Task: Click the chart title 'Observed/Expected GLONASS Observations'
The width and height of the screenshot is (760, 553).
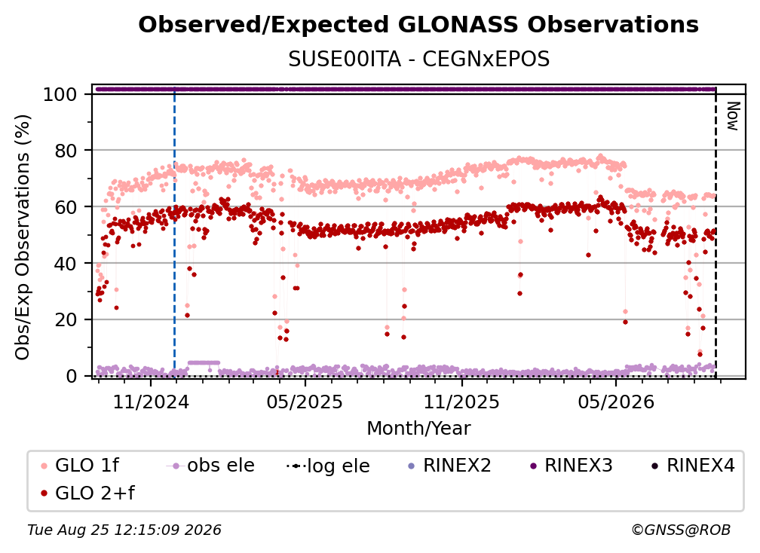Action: coord(418,25)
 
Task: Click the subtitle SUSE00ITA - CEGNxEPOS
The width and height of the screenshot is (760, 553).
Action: coord(418,60)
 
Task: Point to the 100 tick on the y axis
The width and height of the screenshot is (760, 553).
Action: coord(60,94)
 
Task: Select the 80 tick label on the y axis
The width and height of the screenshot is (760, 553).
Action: coord(66,151)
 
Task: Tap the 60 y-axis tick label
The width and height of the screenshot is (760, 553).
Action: coord(66,206)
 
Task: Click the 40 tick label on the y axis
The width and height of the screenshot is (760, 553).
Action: coord(66,264)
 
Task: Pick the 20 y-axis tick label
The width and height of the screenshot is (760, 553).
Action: coord(66,319)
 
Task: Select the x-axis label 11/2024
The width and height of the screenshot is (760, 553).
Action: coord(151,402)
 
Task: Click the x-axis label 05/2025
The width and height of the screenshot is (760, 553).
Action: coord(305,402)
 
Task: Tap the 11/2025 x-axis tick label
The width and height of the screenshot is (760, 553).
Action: coord(461,402)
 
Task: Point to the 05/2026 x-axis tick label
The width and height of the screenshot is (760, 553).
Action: coord(615,402)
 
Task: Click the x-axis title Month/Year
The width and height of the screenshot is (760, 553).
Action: coord(418,429)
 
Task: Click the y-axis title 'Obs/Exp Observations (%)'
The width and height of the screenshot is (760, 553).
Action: coord(23,237)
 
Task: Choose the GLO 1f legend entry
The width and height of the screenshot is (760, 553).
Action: coord(80,466)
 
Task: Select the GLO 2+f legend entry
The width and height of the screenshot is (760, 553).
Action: coord(87,493)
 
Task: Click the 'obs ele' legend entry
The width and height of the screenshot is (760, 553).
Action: coord(210,466)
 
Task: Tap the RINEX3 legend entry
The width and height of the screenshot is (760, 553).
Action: coord(572,466)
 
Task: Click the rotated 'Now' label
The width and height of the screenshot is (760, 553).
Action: coord(732,116)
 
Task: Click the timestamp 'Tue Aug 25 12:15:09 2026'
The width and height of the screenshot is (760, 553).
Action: coord(124,530)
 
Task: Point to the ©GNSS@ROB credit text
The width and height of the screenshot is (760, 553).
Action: coord(681,530)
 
